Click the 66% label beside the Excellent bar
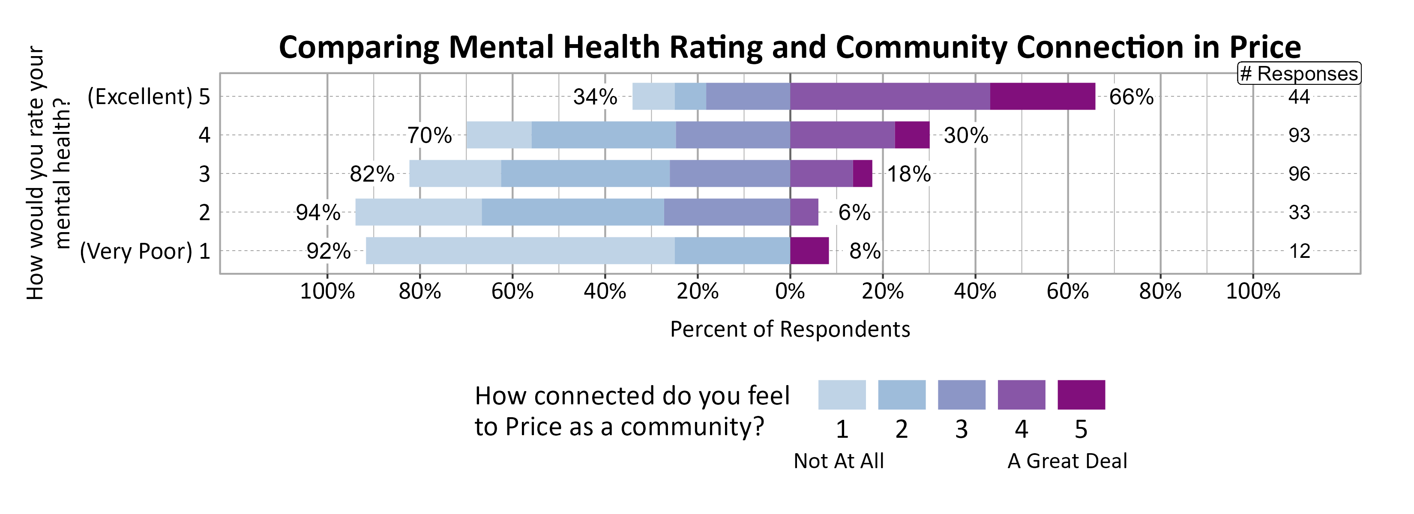pos(1131,97)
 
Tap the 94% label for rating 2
pos(318,213)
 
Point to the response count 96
pos(1299,174)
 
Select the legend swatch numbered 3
pos(961,395)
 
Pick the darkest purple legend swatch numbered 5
pos(1081,395)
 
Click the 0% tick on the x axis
pos(790,291)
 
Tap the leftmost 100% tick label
pos(327,291)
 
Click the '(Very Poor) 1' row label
pos(145,252)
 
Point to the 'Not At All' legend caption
pos(838,461)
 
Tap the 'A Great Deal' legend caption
pos(1066,461)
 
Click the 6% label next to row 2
pos(854,213)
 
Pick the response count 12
pos(1299,252)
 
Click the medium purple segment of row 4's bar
pos(842,135)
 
